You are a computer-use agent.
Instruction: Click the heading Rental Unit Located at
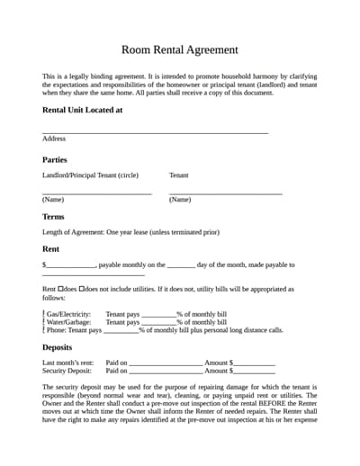[82, 110]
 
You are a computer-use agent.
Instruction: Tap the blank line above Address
[155, 132]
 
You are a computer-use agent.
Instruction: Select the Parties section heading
[55, 159]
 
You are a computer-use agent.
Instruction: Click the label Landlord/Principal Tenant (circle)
[90, 175]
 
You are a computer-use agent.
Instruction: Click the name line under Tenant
[226, 193]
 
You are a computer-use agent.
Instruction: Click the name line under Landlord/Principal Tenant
[96, 193]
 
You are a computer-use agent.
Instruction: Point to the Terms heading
[53, 217]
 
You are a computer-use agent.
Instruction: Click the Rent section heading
[51, 248]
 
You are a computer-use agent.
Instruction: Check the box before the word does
[61, 290]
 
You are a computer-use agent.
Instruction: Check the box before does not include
[82, 290]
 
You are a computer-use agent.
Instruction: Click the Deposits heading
[58, 347]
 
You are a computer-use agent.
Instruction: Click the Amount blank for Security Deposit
[254, 372]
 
